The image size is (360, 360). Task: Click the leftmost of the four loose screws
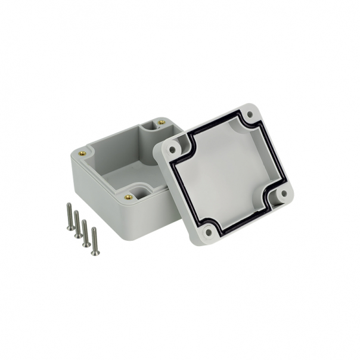pos(70,216)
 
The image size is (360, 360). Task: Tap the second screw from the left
pos(77,224)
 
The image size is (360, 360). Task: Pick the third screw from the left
pos(86,232)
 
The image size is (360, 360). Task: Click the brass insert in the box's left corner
pos(82,153)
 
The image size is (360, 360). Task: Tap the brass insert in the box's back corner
pos(161,122)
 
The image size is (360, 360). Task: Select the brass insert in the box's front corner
pos(128,197)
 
